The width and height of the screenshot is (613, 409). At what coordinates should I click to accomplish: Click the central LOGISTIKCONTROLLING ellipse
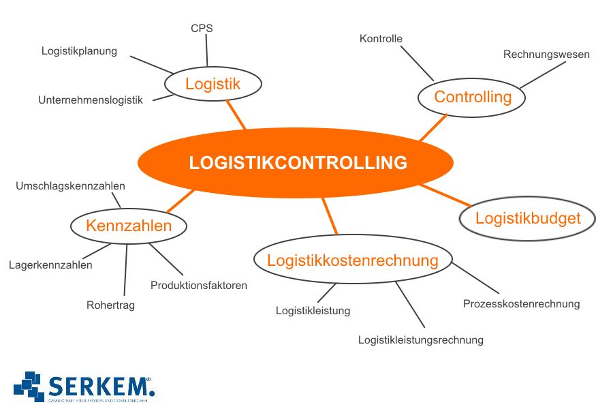[296, 163]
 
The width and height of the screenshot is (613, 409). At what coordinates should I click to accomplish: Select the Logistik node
[213, 85]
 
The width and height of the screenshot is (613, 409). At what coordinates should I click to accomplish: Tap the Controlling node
[472, 97]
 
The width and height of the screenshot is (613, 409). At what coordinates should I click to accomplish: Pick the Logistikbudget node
[528, 218]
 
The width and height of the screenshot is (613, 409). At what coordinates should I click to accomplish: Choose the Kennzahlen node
[129, 226]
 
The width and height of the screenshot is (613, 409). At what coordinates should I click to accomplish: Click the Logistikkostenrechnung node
[352, 260]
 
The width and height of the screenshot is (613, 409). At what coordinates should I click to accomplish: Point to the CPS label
[202, 29]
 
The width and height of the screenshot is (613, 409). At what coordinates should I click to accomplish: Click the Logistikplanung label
[79, 50]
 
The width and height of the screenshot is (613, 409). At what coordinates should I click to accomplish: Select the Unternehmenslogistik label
[91, 100]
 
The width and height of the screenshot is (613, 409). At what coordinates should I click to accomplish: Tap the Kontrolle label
[381, 39]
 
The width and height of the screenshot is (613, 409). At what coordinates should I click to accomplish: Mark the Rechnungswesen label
[546, 55]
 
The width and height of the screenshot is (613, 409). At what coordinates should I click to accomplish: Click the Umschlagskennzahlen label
[70, 185]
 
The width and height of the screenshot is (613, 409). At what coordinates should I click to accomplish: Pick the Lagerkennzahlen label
[50, 265]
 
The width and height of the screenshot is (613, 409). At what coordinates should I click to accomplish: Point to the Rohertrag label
[110, 305]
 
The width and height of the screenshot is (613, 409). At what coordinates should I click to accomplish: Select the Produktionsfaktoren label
[199, 285]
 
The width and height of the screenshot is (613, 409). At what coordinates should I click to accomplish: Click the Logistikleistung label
[313, 311]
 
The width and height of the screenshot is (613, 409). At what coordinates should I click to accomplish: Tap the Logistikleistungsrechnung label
[421, 339]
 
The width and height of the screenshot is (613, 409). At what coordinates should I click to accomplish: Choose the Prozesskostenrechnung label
[521, 303]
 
